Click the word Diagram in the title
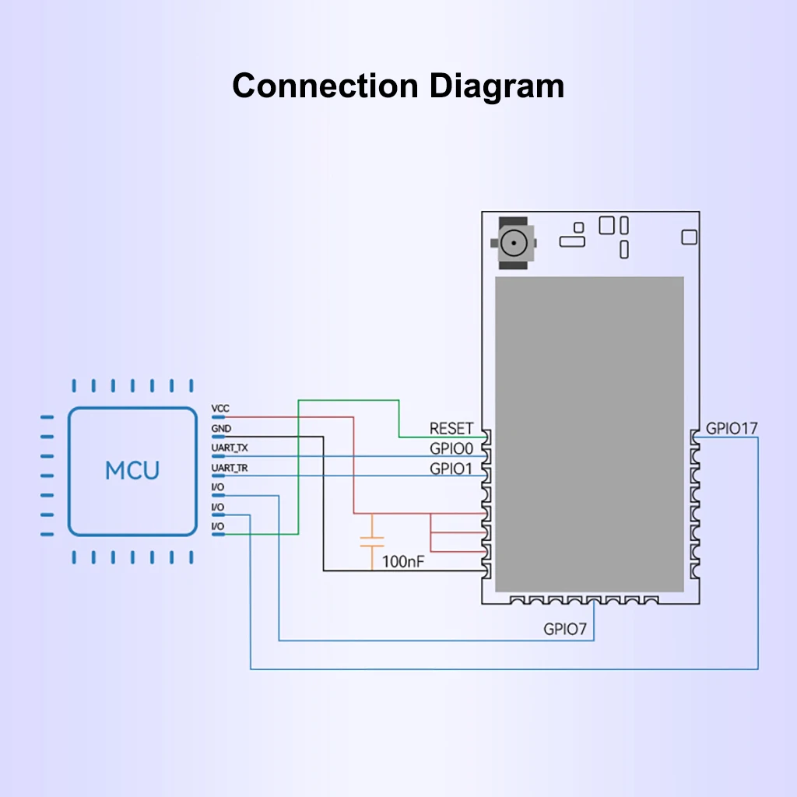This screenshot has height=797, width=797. [498, 86]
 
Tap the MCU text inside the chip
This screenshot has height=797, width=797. [132, 471]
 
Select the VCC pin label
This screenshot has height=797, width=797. [220, 409]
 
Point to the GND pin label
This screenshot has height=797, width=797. [221, 428]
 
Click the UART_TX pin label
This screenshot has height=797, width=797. [230, 448]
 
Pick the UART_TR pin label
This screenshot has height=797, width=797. [230, 468]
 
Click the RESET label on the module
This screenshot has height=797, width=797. [451, 429]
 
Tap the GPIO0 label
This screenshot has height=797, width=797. [451, 449]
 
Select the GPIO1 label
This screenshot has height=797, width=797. [451, 469]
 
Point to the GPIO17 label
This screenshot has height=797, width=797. [732, 428]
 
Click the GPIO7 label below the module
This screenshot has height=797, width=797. [565, 630]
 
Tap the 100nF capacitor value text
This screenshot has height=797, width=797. [403, 561]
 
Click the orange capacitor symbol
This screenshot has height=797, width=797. [373, 542]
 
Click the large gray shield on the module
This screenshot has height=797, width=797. [590, 433]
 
